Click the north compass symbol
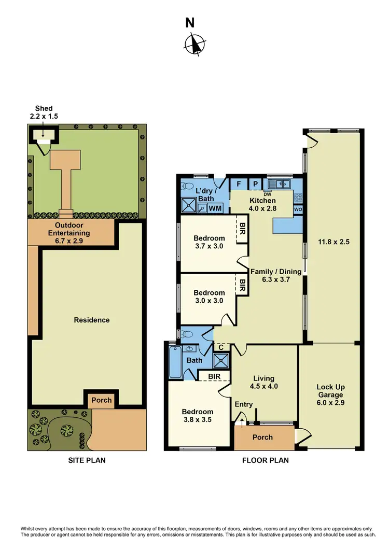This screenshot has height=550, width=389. click(x=195, y=44)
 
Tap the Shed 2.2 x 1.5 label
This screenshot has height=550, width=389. click(x=43, y=112)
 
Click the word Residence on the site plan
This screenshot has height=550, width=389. click(x=91, y=320)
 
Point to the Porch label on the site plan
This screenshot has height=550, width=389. click(x=101, y=400)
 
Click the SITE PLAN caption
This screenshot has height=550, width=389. click(x=87, y=460)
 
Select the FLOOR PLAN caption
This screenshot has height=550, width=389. click(x=265, y=460)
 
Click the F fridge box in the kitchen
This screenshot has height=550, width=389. click(x=239, y=184)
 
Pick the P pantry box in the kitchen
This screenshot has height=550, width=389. click(x=256, y=184)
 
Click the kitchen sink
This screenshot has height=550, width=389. click(x=280, y=184)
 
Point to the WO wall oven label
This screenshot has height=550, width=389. click(x=298, y=209)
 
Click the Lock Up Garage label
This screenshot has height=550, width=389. click(x=330, y=391)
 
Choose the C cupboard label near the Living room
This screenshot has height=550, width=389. click(x=221, y=347)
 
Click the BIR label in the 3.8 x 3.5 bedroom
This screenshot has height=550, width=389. click(x=213, y=376)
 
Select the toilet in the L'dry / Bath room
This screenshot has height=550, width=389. click(x=188, y=186)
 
